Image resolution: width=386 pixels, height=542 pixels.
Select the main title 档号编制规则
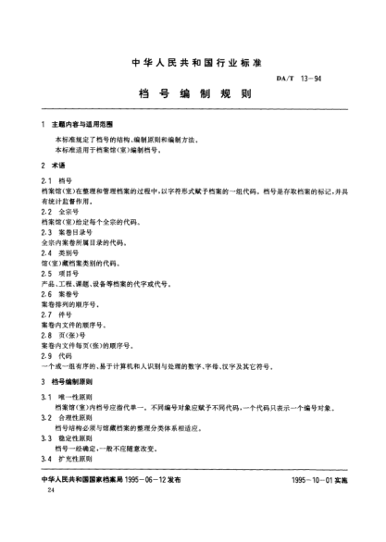(x=193, y=94)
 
